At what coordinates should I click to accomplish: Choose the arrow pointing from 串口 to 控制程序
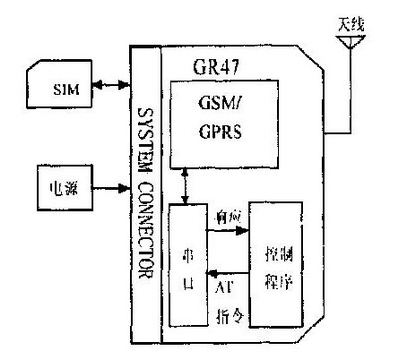226,231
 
